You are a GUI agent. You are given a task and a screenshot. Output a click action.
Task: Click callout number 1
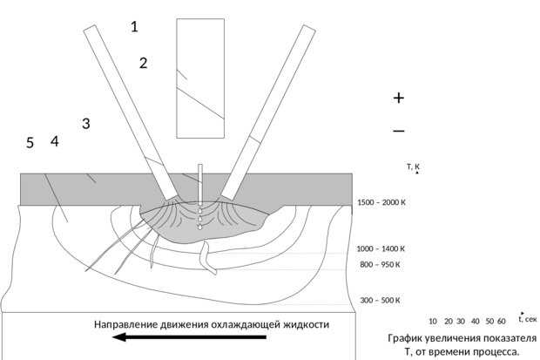[x=134, y=26]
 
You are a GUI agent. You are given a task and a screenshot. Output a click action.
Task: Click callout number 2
[x=143, y=63]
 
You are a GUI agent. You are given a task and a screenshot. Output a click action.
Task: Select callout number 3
[x=86, y=123]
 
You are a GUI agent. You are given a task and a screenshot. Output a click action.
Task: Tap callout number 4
[x=55, y=141]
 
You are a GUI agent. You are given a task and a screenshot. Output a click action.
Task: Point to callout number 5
[x=30, y=143]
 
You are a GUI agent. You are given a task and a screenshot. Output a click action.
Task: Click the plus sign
[x=398, y=98]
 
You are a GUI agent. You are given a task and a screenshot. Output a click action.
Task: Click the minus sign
[x=399, y=131]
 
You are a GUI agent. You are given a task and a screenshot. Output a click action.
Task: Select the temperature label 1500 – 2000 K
[x=381, y=202]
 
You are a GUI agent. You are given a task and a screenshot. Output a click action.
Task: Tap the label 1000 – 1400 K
[x=381, y=248]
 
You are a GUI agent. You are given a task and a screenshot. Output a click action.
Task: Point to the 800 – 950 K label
[x=381, y=264]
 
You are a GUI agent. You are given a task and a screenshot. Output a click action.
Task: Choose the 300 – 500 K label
[x=381, y=301]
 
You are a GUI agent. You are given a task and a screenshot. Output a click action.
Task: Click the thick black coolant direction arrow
[x=189, y=336]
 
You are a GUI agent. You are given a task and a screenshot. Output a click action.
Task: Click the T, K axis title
[x=413, y=166]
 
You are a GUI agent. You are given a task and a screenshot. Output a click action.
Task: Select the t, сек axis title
[x=528, y=319]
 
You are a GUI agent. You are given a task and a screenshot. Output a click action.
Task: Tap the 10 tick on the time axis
[x=433, y=322]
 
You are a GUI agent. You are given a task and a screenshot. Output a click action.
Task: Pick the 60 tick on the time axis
[x=502, y=322]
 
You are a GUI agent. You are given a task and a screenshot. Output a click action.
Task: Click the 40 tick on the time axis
[x=476, y=322]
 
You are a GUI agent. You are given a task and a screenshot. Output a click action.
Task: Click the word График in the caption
[x=405, y=338]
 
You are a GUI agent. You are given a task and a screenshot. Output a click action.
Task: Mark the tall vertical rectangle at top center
[x=200, y=78]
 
